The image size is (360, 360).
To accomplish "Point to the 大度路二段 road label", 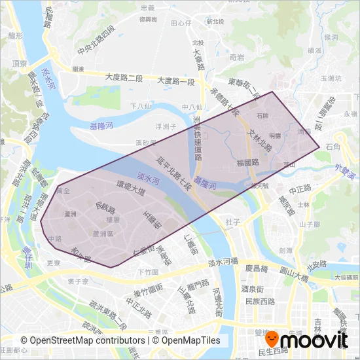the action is point(124,78).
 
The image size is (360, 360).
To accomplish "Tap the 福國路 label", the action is point(249,162).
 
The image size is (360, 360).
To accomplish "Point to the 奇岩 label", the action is point(237,58).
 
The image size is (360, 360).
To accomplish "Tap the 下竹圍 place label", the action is point(149,271).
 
